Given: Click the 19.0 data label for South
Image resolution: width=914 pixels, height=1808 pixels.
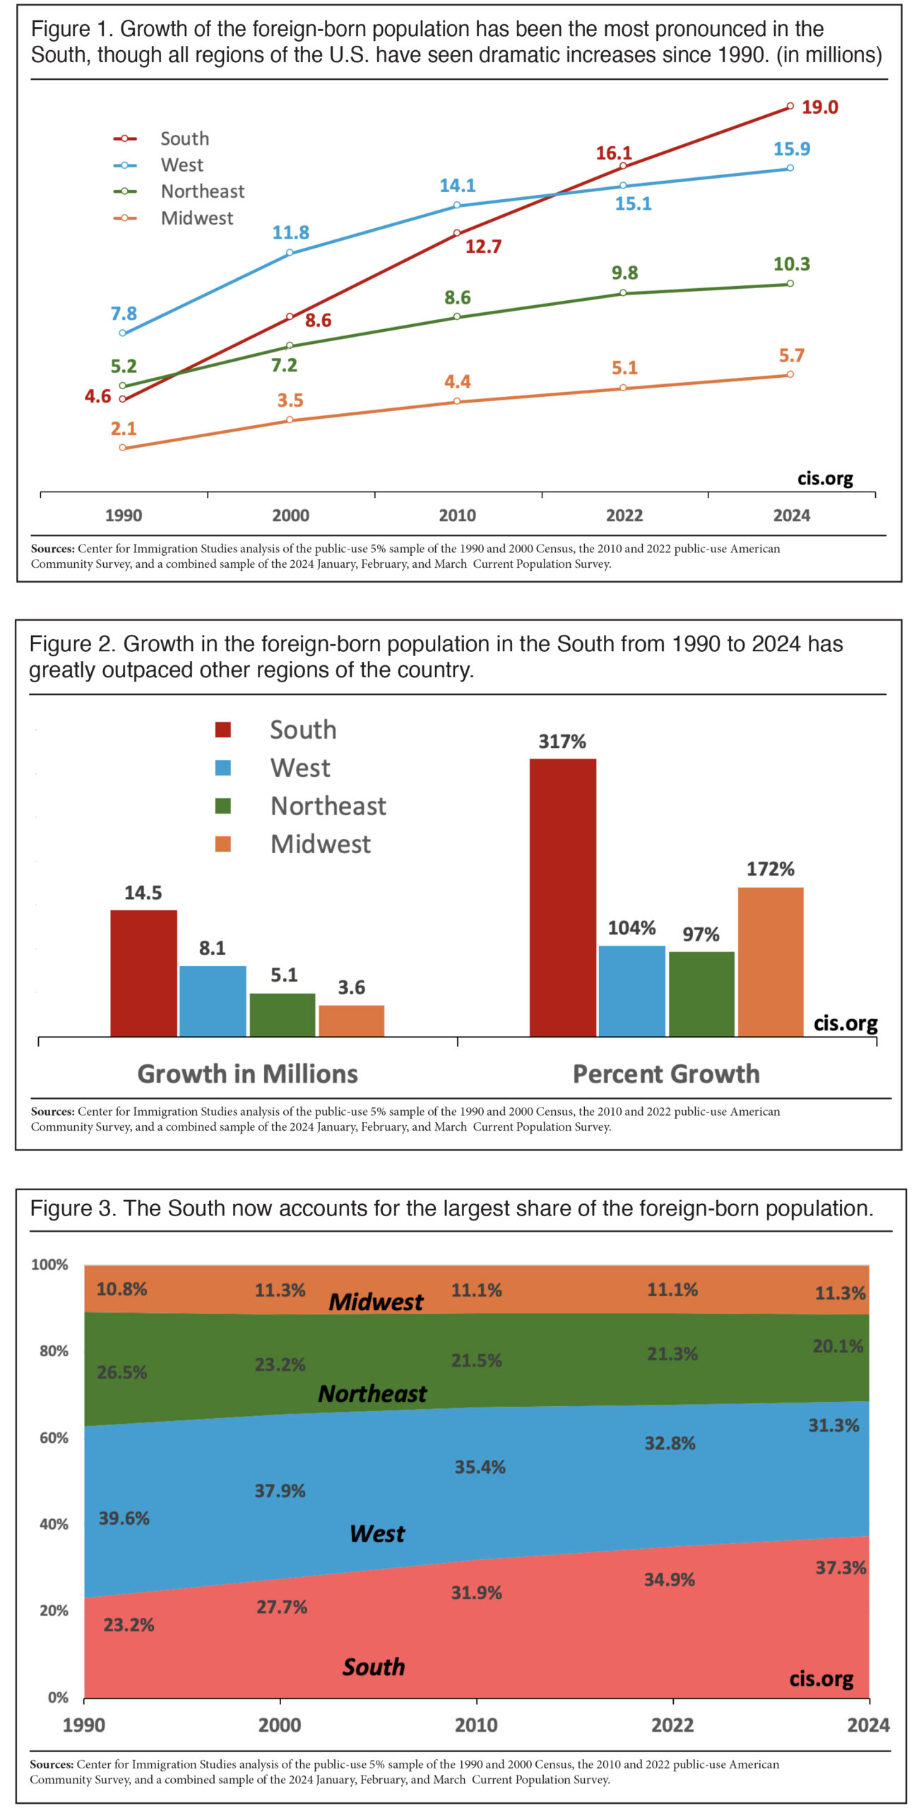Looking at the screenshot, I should [x=819, y=107].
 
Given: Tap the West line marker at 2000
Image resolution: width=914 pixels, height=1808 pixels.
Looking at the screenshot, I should [x=290, y=253].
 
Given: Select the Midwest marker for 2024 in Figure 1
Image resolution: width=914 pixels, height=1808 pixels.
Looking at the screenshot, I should [x=790, y=374].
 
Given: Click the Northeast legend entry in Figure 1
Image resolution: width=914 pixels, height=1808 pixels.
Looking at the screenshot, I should [x=202, y=191].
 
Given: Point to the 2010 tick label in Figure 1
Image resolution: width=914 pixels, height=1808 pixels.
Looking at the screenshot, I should [x=457, y=516].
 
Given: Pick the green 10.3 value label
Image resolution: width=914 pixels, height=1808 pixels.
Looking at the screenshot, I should [x=791, y=264].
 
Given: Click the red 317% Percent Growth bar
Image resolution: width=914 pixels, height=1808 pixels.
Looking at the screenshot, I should [x=562, y=897].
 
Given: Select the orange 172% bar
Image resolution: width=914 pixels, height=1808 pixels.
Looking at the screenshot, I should [x=770, y=961].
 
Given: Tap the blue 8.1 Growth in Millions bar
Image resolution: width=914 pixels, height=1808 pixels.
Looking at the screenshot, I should [x=213, y=1000].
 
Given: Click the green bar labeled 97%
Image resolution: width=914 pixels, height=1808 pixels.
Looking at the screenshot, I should [x=701, y=994].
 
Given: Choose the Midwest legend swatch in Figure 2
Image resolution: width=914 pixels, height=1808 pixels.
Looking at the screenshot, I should [x=223, y=844].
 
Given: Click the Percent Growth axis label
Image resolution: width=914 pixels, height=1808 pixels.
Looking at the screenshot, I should [x=665, y=1074].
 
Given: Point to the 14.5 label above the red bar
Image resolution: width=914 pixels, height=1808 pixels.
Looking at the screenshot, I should [x=143, y=893].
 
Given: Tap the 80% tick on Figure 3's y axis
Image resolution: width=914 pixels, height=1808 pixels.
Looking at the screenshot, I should [x=54, y=1351].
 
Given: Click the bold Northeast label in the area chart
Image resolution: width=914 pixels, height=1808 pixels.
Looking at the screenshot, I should [x=372, y=1393].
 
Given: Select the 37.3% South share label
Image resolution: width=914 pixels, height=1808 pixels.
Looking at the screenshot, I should [x=840, y=1568].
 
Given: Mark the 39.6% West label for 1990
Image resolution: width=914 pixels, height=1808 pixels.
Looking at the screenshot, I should [x=124, y=1518].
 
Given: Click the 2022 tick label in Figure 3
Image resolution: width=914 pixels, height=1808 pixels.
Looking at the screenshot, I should [x=672, y=1725].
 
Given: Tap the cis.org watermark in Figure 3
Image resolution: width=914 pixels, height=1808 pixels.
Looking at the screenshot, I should [x=821, y=1678].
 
